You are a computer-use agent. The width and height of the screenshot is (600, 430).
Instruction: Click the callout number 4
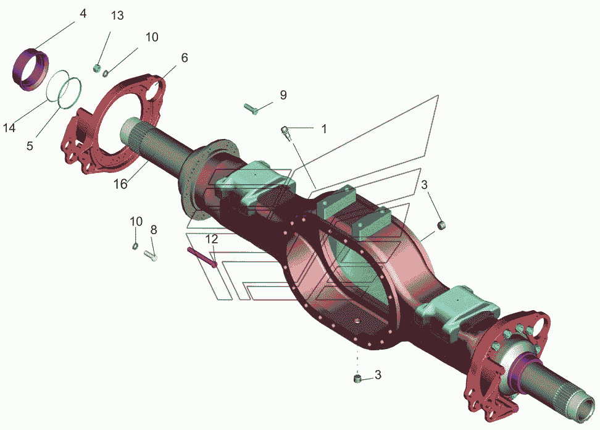tap(83, 14)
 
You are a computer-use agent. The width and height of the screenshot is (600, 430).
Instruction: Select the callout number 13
tap(117, 15)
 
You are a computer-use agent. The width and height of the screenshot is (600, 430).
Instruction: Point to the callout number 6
tap(185, 58)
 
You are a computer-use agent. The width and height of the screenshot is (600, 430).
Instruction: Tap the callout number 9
tap(283, 95)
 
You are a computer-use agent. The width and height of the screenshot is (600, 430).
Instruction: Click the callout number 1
tap(323, 129)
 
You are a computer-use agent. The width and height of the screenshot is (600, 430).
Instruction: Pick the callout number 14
tap(9, 128)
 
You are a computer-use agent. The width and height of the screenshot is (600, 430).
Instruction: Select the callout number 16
tap(120, 184)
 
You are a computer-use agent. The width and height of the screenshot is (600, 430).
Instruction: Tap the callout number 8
tap(154, 230)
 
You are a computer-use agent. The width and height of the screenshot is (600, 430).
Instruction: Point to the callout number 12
tap(212, 239)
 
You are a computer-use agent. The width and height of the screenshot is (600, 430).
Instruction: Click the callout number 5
tap(30, 146)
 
